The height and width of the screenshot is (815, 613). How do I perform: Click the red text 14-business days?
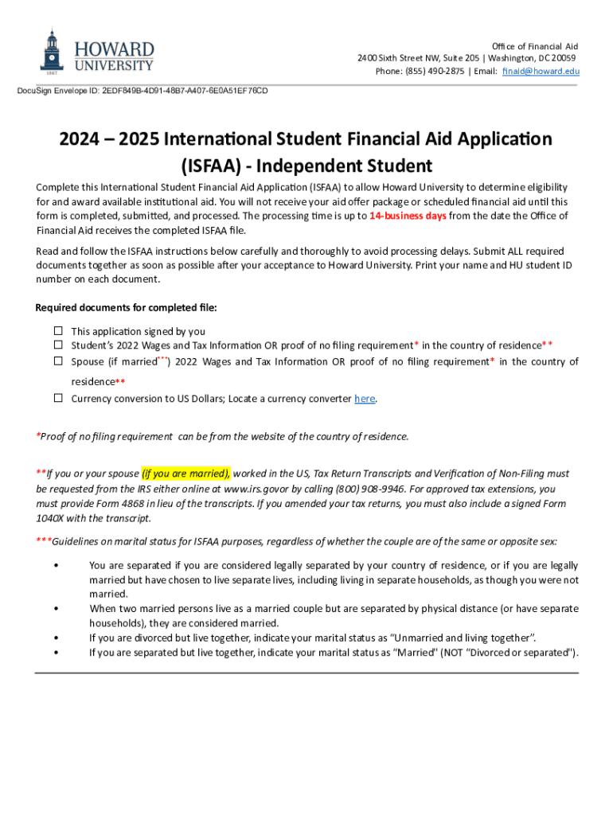click(408, 216)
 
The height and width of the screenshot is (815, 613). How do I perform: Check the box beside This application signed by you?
click(58, 331)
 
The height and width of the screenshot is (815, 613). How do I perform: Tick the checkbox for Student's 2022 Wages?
click(58, 345)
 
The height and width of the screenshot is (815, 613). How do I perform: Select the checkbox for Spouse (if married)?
click(58, 361)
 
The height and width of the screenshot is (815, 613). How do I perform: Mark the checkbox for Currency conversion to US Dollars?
click(58, 398)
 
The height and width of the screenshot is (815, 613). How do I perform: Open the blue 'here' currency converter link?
click(364, 399)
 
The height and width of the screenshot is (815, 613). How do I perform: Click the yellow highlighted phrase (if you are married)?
click(186, 474)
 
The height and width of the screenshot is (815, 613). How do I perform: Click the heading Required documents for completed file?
click(126, 308)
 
